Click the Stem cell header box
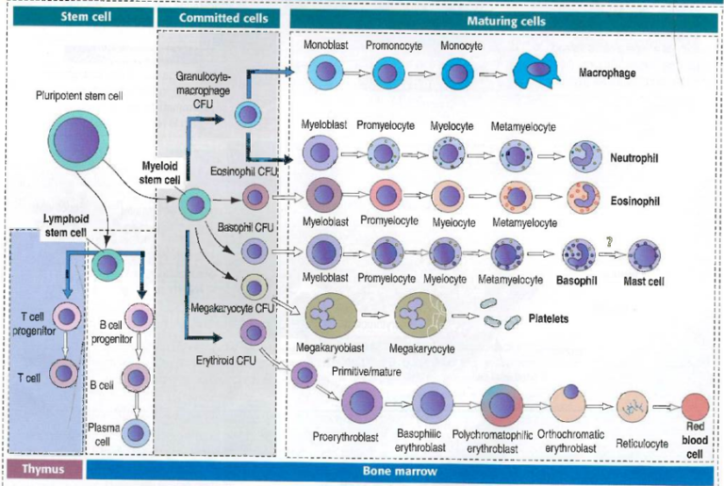[77, 17]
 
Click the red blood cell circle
[696, 407]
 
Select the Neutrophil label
[633, 157]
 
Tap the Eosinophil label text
[633, 201]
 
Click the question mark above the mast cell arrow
[609, 241]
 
